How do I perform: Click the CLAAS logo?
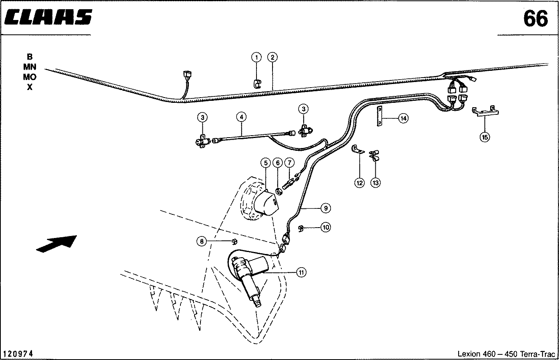(x=48, y=17)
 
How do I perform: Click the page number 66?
(x=535, y=19)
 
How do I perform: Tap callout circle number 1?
(x=256, y=57)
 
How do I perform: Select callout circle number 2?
(x=272, y=57)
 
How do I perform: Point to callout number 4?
(x=241, y=117)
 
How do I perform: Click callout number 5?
(x=266, y=163)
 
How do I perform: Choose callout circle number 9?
(x=326, y=208)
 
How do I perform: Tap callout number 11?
(x=301, y=272)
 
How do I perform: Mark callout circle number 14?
(x=403, y=118)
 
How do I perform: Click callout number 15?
(x=485, y=137)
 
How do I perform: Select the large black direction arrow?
(x=57, y=244)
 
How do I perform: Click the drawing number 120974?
(x=18, y=354)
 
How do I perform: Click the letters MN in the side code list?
(x=30, y=67)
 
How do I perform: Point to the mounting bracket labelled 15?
(x=485, y=111)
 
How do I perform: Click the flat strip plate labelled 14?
(x=379, y=116)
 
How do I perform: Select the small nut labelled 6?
(x=279, y=192)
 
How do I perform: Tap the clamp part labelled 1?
(x=257, y=84)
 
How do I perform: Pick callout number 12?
(x=359, y=183)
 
